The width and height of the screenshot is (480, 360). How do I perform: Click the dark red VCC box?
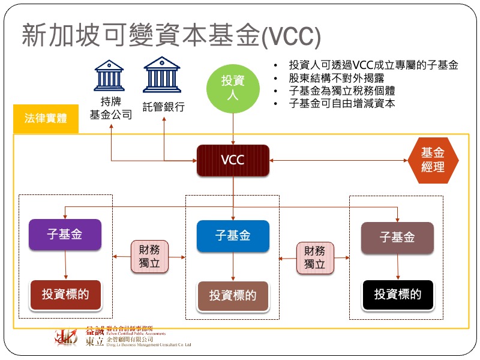pos(233,160)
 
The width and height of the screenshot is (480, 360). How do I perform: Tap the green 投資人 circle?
pos(233,88)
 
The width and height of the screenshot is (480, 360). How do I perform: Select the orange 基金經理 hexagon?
pos(433,160)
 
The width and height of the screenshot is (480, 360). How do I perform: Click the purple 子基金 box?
pos(65,235)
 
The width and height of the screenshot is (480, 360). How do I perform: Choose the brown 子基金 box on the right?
pos(397,237)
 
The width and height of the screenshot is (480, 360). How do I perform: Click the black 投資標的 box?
pos(397,295)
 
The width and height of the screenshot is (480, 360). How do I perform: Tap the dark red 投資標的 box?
pos(65,294)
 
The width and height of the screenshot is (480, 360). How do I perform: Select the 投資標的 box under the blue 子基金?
pos(233,296)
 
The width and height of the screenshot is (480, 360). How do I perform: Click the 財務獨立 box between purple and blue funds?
pos(149,257)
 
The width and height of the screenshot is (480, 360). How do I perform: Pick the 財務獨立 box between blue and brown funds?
pos(314,257)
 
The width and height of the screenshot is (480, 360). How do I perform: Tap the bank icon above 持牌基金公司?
pos(109,74)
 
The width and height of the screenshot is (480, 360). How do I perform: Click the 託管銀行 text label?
pos(163,107)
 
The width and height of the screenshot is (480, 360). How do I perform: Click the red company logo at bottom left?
pos(67,338)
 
